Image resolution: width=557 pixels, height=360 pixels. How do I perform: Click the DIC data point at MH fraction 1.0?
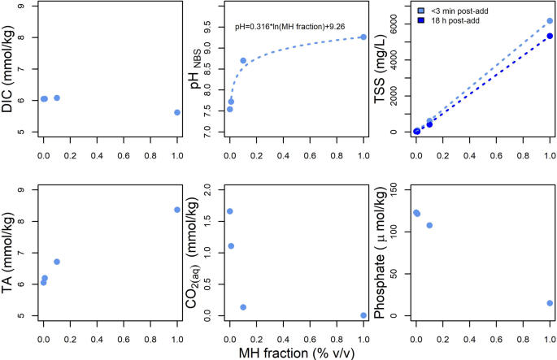pos(177,113)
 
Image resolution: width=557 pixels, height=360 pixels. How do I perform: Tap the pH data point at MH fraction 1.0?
pos(363,37)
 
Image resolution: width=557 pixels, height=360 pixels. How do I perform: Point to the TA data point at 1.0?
pos(177,210)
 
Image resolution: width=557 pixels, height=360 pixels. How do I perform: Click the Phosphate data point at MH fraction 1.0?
pos(550,303)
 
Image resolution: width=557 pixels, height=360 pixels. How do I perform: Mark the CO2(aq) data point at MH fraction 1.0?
pos(363,315)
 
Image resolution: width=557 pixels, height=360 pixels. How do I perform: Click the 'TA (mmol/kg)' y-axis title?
pos(12,253)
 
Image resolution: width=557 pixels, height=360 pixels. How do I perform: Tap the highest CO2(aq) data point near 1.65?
pos(230,211)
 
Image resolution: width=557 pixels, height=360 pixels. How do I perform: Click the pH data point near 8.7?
pos(243,61)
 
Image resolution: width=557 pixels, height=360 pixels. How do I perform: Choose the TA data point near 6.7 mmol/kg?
pos(57,262)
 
